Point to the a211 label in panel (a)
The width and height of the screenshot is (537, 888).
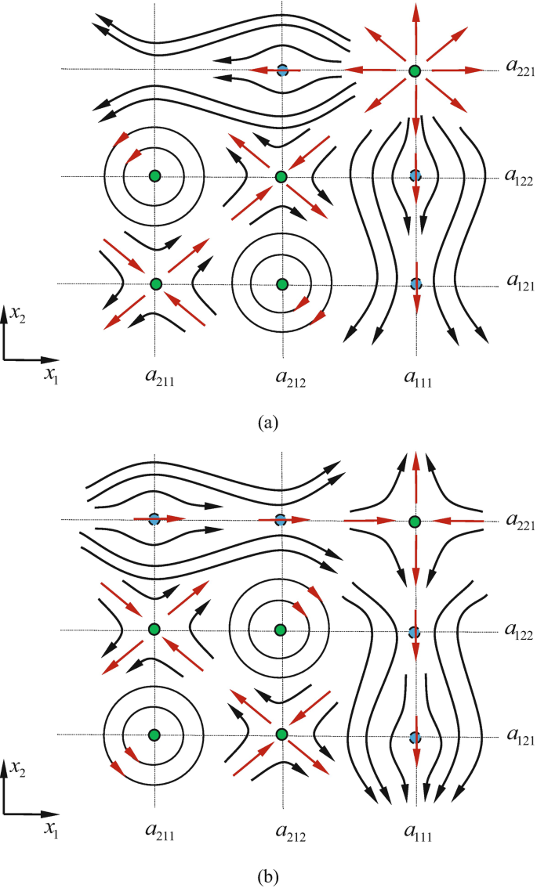click(x=154, y=381)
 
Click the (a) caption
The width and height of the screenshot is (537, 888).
click(x=267, y=424)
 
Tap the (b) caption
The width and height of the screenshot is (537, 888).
click(x=267, y=869)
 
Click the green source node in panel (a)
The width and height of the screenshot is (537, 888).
click(x=415, y=71)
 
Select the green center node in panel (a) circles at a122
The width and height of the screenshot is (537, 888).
click(x=154, y=175)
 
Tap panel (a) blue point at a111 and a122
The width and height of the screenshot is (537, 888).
click(x=415, y=175)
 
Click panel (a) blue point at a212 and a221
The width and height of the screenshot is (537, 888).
click(x=282, y=70)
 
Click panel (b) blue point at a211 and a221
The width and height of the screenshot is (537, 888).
click(x=154, y=518)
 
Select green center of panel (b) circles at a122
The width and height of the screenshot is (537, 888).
click(x=280, y=629)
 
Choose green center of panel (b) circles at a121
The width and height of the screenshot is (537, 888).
click(x=154, y=734)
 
